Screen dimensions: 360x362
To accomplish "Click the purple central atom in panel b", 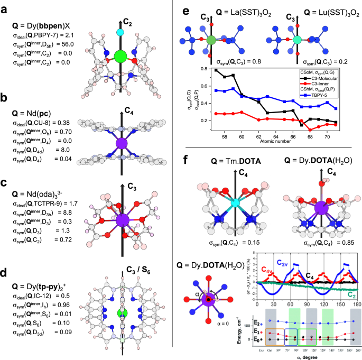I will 121,144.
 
